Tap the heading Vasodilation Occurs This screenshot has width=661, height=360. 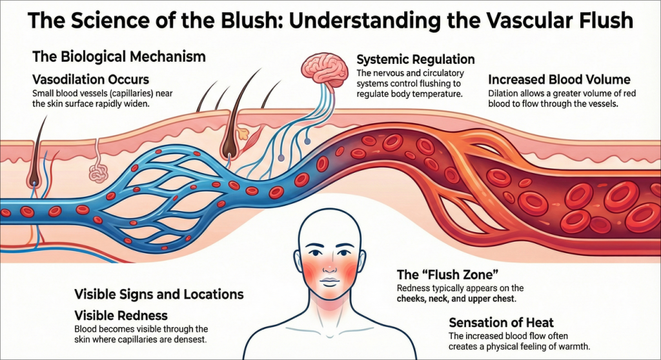point(90,80)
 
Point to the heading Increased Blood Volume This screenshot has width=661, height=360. point(559,80)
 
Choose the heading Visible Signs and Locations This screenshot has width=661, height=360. point(159,295)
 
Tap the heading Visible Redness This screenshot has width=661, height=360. point(121,315)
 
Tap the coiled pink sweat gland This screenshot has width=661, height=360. point(97,172)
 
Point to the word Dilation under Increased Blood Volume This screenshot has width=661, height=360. point(503,94)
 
